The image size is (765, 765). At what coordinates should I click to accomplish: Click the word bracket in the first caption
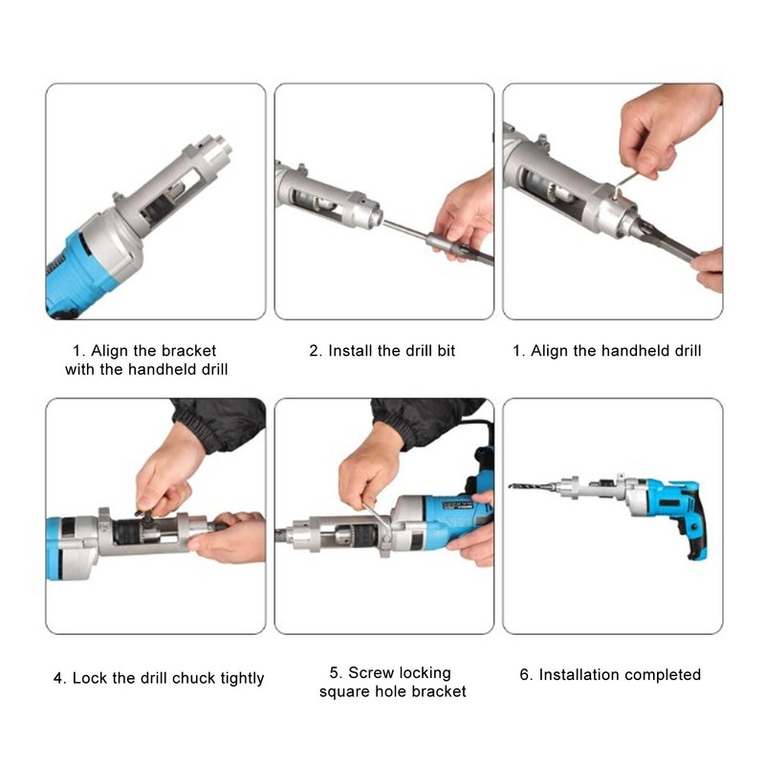[x=188, y=351]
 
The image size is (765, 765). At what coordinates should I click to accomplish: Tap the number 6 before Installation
[x=525, y=675]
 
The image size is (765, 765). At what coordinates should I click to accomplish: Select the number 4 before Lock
[x=58, y=678]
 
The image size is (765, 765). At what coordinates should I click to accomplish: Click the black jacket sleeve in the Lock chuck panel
[x=220, y=421]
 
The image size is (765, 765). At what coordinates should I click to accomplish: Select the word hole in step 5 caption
[x=394, y=690]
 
